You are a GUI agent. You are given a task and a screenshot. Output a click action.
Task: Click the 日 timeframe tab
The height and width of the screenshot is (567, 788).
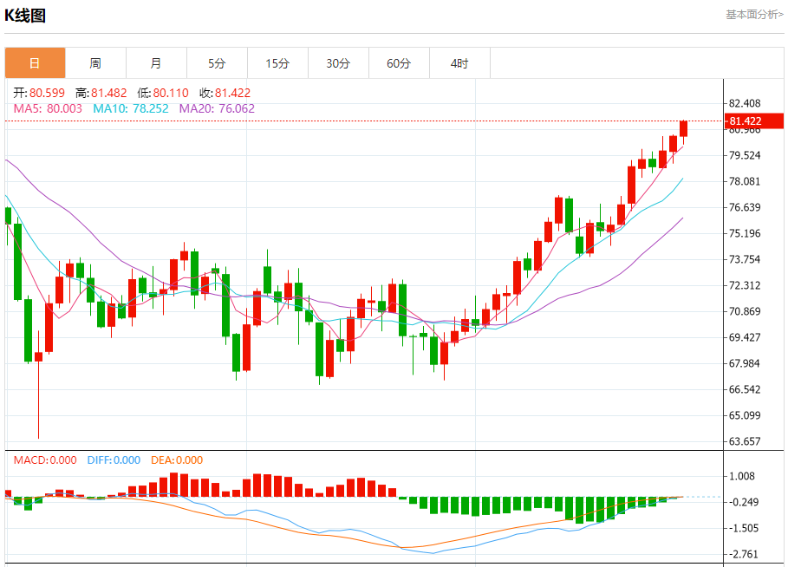35,63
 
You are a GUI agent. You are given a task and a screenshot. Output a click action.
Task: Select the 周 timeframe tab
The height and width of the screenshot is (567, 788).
95,63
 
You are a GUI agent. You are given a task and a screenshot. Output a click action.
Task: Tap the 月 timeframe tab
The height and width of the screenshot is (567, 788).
156,63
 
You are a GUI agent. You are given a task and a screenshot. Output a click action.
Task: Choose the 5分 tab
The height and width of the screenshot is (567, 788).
217,63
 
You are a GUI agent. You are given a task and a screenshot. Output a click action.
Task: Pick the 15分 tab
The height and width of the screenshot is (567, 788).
277,63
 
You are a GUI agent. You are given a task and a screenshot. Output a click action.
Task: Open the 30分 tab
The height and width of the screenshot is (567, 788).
338,63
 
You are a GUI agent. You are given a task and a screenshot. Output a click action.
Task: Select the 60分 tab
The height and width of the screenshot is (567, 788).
399,63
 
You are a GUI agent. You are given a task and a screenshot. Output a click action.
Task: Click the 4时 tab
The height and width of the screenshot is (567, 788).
459,63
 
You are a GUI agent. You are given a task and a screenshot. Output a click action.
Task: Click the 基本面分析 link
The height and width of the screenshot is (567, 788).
754,15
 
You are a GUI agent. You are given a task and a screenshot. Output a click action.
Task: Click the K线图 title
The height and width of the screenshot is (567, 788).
25,16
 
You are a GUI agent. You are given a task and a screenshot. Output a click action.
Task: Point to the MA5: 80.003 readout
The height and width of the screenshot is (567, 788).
49,108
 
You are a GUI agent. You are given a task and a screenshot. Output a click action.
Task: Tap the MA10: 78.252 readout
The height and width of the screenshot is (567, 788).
132,108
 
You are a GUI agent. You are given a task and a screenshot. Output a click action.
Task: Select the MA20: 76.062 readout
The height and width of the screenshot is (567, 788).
217,108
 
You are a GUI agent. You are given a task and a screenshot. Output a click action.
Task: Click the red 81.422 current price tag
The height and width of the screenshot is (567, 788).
745,121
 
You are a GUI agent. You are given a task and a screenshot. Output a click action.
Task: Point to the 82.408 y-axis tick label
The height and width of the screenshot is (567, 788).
745,103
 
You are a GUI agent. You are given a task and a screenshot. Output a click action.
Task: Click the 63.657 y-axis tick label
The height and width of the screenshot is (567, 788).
745,441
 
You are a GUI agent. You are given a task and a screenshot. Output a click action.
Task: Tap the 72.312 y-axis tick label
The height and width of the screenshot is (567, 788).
745,285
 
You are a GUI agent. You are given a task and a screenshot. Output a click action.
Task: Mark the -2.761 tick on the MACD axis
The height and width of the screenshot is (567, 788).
745,554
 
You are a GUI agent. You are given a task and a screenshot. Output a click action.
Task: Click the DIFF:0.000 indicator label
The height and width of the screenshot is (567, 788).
114,460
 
